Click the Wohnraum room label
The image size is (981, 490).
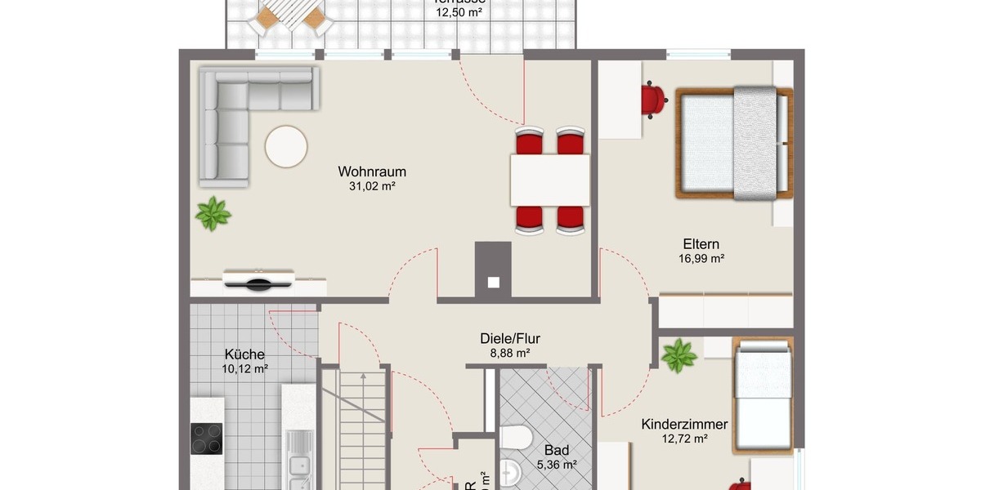click(x=372, y=172)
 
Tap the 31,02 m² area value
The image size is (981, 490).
click(x=372, y=186)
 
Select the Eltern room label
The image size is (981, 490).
click(x=701, y=244)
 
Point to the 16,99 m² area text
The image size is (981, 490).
click(x=701, y=258)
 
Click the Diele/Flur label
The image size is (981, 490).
click(x=510, y=339)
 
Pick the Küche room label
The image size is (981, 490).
click(x=244, y=354)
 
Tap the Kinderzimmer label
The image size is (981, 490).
click(x=684, y=425)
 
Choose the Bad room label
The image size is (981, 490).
click(x=557, y=450)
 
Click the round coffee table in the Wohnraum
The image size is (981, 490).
click(x=286, y=147)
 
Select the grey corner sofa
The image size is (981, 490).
click(x=225, y=122)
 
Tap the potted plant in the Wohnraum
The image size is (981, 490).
click(x=213, y=214)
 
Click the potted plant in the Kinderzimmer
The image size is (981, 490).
click(x=679, y=356)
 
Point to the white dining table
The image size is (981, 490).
click(x=550, y=180)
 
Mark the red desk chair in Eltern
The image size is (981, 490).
click(x=653, y=100)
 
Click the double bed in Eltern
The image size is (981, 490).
click(x=733, y=143)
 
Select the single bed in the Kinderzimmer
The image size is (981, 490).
click(x=763, y=396)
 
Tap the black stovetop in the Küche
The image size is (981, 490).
click(x=208, y=439)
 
